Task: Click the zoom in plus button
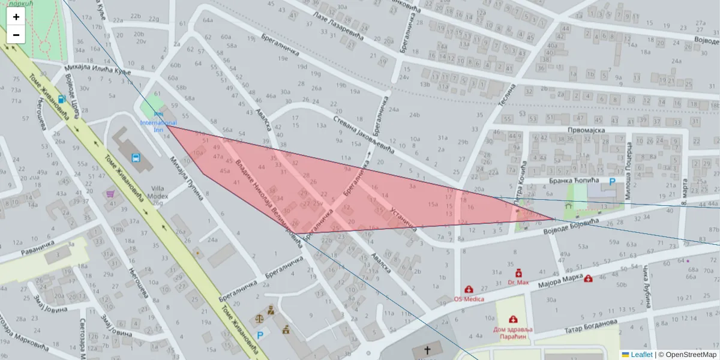[16, 17]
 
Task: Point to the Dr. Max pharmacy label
[518, 282]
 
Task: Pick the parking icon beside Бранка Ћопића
[612, 181]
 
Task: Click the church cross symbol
[427, 350]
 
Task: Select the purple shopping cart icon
[110, 194]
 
